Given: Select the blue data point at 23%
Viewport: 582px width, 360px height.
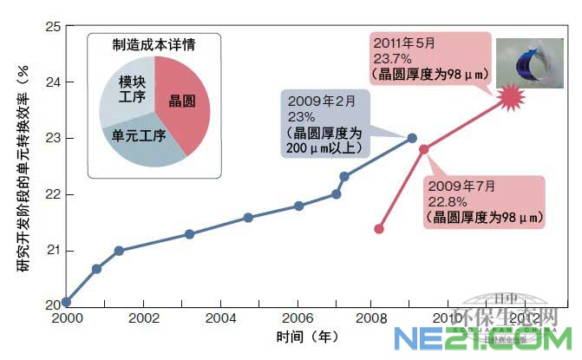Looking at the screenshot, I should tap(412, 138).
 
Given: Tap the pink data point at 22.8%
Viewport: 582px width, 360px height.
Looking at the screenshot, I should tap(424, 149).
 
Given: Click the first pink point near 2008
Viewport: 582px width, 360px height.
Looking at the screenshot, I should tap(379, 229).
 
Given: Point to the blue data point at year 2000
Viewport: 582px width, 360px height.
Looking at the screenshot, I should tap(67, 302).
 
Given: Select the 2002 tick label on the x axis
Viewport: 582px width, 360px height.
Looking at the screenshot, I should tap(144, 318).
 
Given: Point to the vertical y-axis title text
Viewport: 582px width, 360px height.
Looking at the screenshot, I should tap(23, 173).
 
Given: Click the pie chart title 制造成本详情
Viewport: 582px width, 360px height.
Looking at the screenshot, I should tap(154, 44).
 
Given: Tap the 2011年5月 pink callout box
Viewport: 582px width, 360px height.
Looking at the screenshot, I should tap(425, 57).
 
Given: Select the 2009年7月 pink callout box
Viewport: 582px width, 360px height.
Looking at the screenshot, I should tap(484, 202).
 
